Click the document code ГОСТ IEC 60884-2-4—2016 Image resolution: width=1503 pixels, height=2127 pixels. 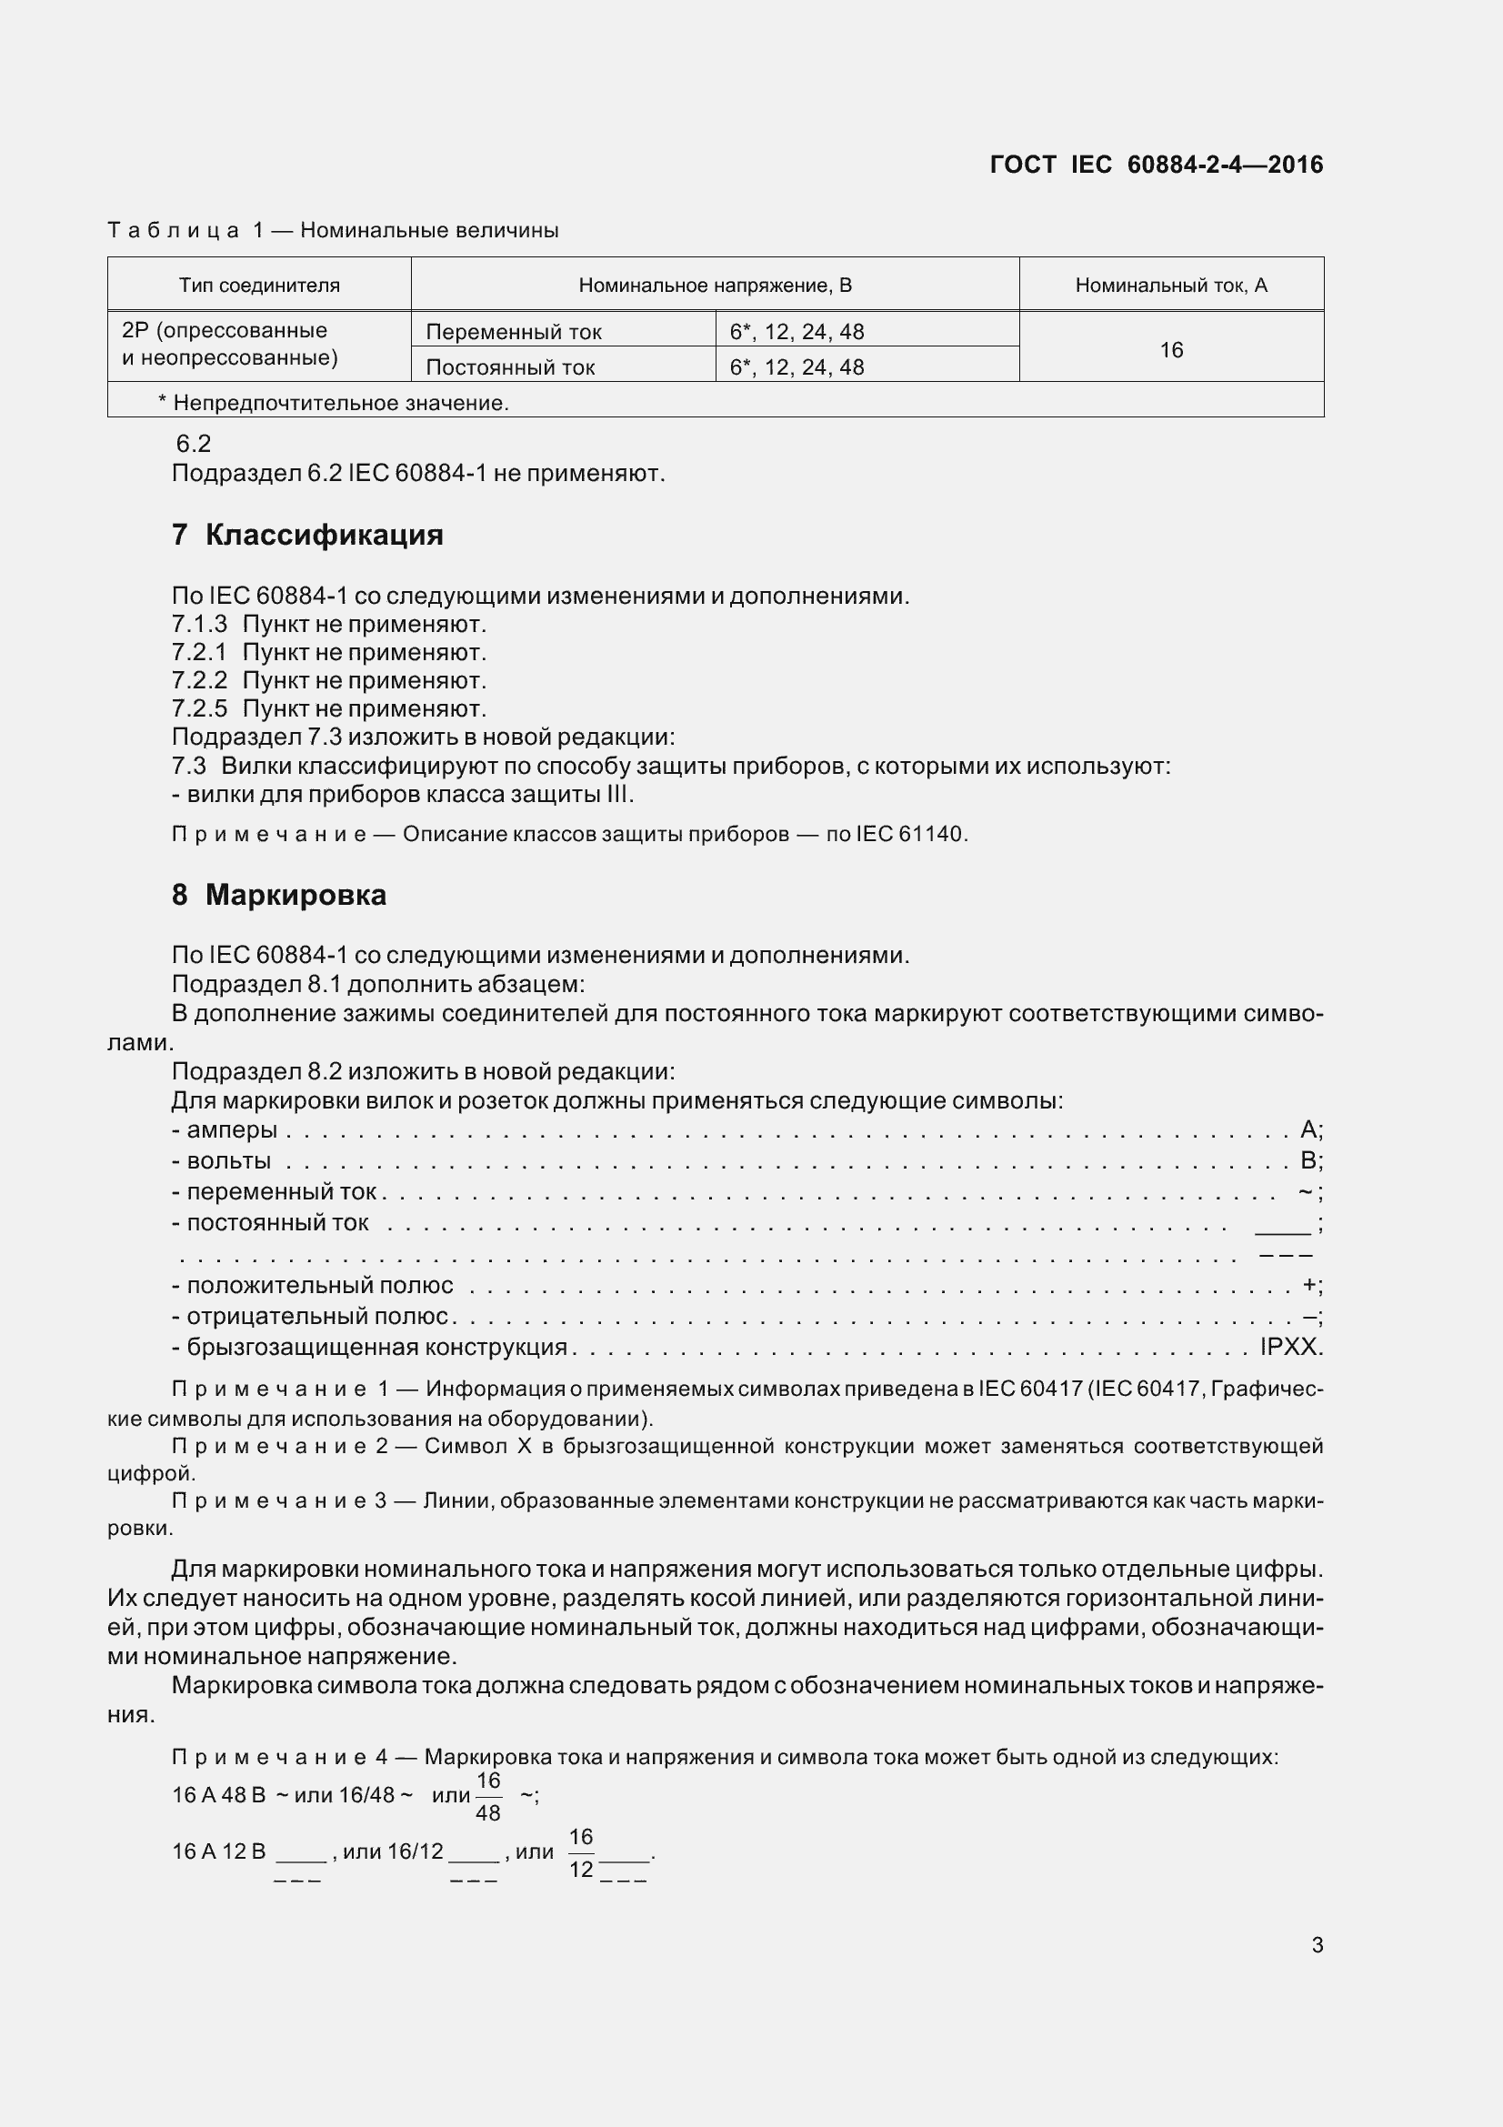[x=1156, y=165]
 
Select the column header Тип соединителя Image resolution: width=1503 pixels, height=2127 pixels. [x=259, y=286]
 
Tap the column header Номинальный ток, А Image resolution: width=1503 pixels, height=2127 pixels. [x=1170, y=286]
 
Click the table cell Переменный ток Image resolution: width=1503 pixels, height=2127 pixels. [x=514, y=332]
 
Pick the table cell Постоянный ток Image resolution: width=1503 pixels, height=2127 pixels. [x=510, y=366]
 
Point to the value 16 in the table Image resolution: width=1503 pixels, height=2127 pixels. [x=1170, y=350]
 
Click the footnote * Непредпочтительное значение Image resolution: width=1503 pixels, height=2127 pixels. [x=334, y=403]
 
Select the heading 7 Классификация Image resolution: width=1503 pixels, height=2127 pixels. [x=307, y=535]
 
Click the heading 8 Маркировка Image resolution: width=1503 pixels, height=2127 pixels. [x=279, y=895]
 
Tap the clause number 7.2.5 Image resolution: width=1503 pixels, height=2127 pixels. [x=199, y=708]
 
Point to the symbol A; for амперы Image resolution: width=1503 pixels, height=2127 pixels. [x=1311, y=1129]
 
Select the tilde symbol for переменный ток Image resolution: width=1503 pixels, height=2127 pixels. [x=1306, y=1191]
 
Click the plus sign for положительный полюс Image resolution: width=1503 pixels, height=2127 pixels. [x=1309, y=1285]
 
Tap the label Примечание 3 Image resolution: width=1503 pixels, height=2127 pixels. [x=279, y=1500]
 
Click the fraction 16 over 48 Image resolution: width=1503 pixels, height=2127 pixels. [x=488, y=1796]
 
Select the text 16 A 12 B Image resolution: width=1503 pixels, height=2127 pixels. [x=218, y=1851]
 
